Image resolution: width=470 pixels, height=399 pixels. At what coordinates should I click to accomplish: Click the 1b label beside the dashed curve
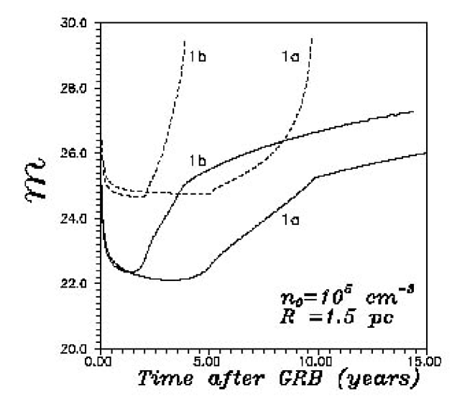[199, 55]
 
